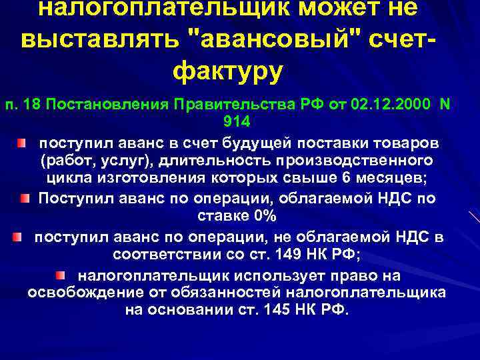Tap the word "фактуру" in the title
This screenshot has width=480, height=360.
[x=228, y=70]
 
